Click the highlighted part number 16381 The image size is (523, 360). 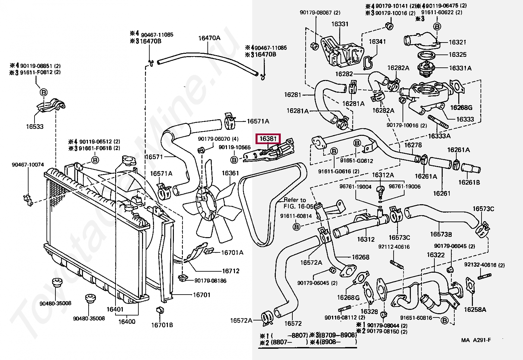pyautogui.click(x=268, y=138)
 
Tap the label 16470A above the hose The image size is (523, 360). pyautogui.click(x=209, y=38)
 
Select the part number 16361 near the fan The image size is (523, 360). pyautogui.click(x=230, y=173)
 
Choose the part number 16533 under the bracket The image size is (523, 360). pyautogui.click(x=35, y=127)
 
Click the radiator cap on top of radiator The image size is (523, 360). pyautogui.click(x=128, y=161)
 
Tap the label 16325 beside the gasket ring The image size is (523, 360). pyautogui.click(x=458, y=55)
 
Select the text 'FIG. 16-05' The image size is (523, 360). pyautogui.click(x=298, y=206)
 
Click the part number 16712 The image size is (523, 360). pyautogui.click(x=231, y=271)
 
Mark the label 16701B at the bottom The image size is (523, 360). pyautogui.click(x=162, y=325)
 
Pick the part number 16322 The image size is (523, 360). pyautogui.click(x=435, y=255)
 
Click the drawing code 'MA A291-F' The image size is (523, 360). pyautogui.click(x=476, y=340)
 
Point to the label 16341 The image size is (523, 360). pyautogui.click(x=377, y=42)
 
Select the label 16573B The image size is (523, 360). pyautogui.click(x=441, y=234)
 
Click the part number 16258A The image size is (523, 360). pyautogui.click(x=475, y=310)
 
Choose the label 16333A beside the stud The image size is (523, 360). pyautogui.click(x=439, y=136)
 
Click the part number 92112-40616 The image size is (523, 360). pyautogui.click(x=394, y=247)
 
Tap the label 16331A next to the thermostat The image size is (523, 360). pyautogui.click(x=460, y=68)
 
